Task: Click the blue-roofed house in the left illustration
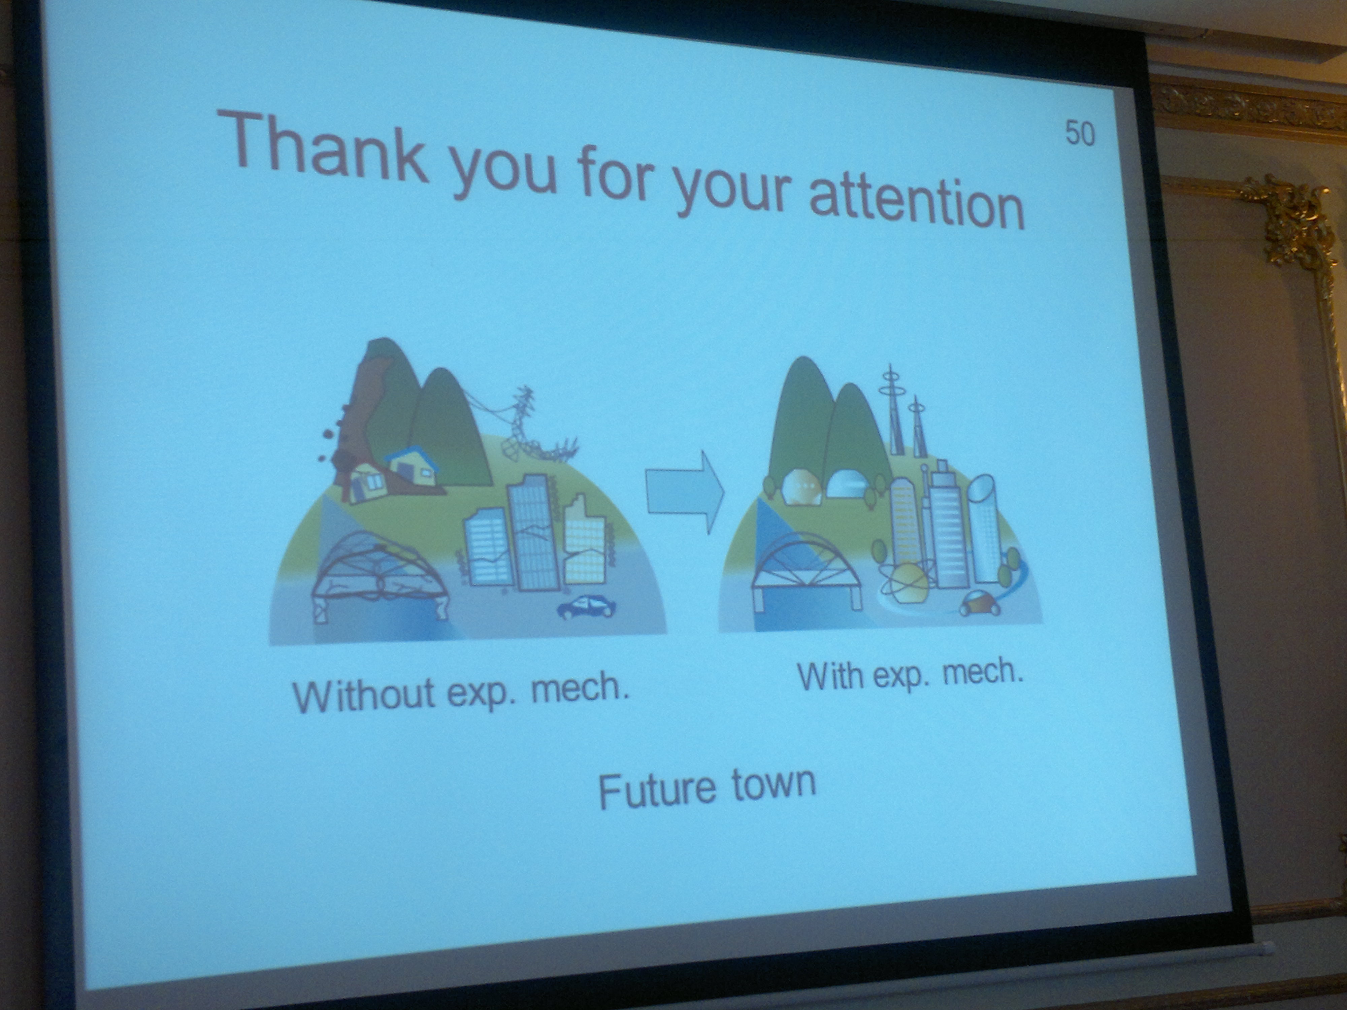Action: (x=413, y=466)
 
